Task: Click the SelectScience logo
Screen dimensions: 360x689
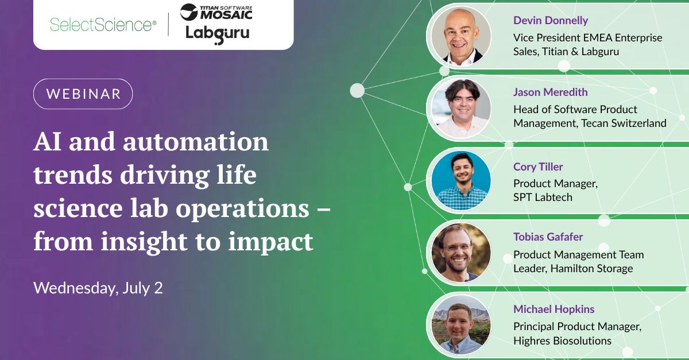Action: pyautogui.click(x=103, y=25)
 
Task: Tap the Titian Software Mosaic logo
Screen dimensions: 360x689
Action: pyautogui.click(x=216, y=11)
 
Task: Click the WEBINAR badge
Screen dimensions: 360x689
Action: pyautogui.click(x=83, y=94)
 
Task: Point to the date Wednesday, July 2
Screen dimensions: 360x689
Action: pyautogui.click(x=98, y=288)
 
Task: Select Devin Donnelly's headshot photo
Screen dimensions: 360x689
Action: pyautogui.click(x=460, y=36)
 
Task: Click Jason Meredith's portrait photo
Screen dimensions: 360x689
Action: pyautogui.click(x=460, y=108)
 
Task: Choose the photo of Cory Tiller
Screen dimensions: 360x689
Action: pyautogui.click(x=460, y=180)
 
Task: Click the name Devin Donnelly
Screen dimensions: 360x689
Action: pyautogui.click(x=551, y=21)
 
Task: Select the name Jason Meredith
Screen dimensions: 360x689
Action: pyautogui.click(x=550, y=92)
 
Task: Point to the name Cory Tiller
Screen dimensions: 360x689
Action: pyautogui.click(x=538, y=167)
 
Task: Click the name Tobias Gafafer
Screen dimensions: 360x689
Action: pyautogui.click(x=548, y=237)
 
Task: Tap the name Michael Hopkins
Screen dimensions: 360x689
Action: pyautogui.click(x=553, y=309)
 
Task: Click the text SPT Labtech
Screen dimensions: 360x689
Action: pyautogui.click(x=543, y=197)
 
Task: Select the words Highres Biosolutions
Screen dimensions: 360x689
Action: pyautogui.click(x=562, y=340)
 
